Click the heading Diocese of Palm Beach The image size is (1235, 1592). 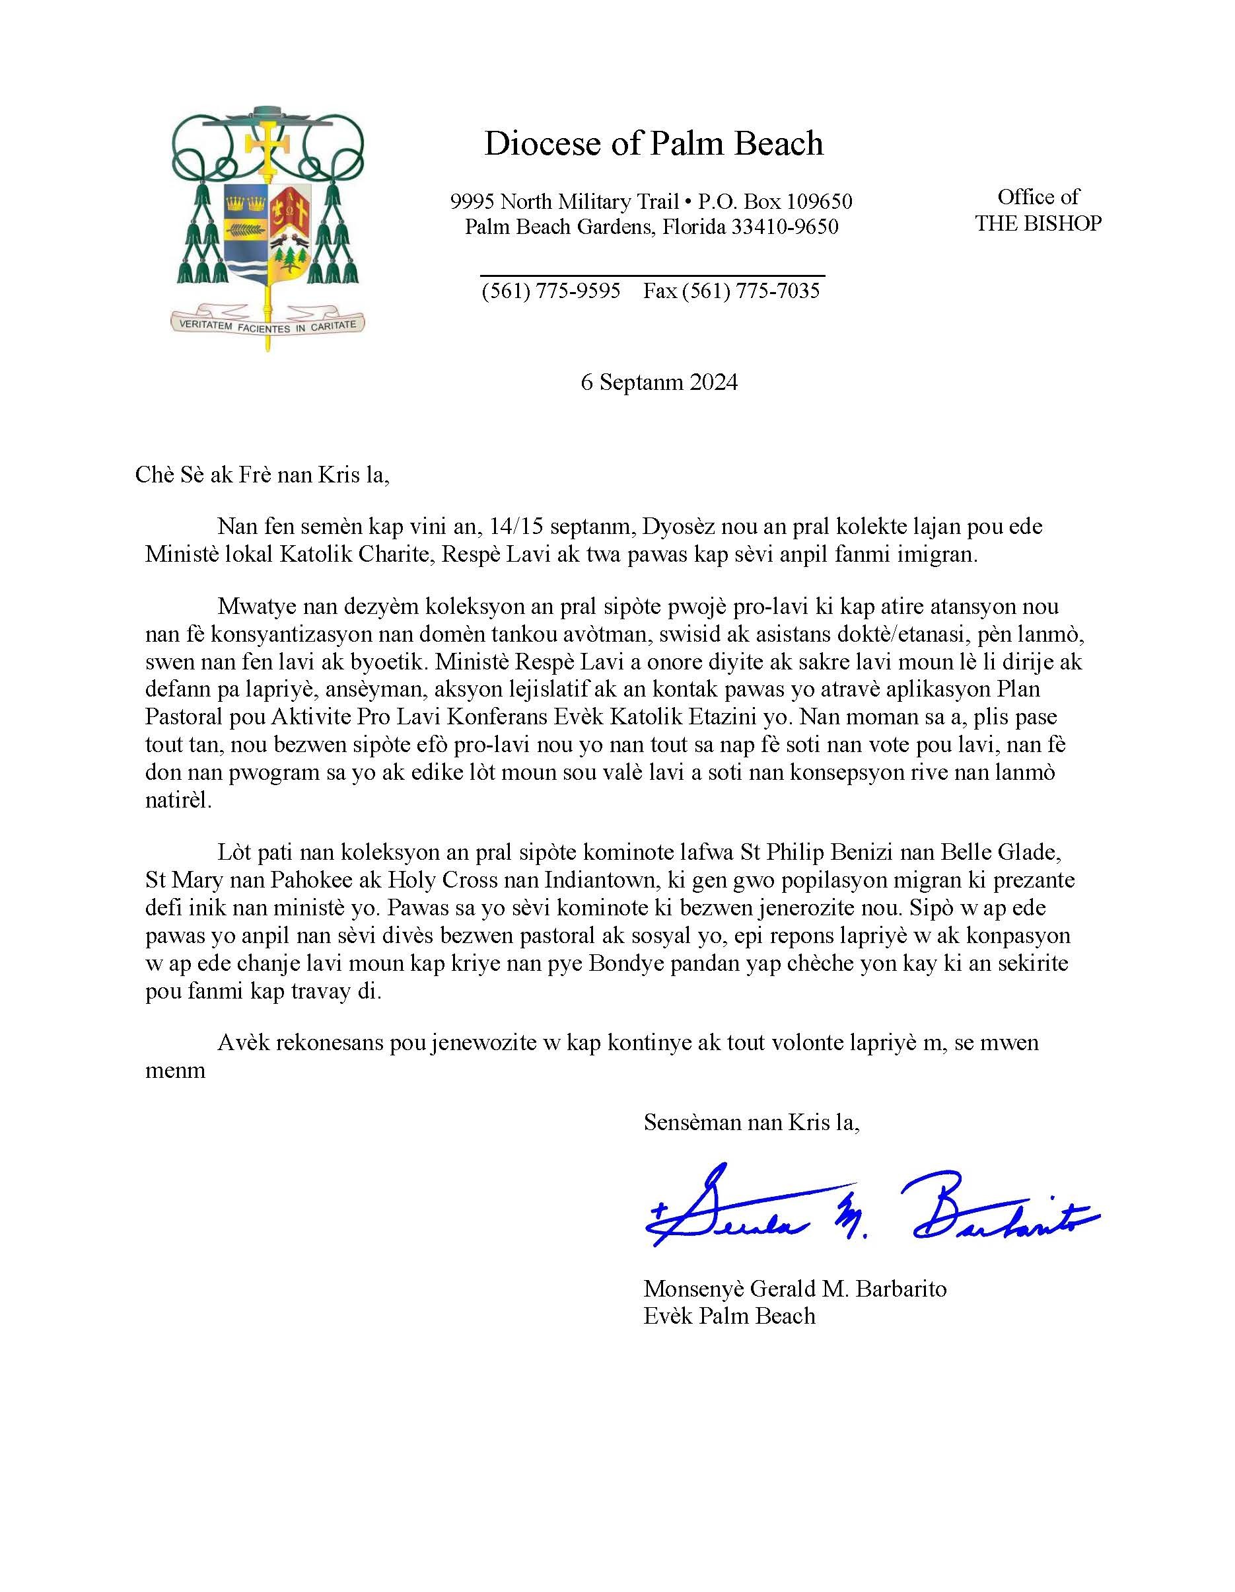pos(653,143)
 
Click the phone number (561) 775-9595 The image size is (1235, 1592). pos(551,291)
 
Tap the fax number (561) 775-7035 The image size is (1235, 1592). pos(750,291)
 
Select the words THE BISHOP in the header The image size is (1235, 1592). pos(1038,223)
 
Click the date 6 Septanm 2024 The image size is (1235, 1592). pos(658,382)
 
